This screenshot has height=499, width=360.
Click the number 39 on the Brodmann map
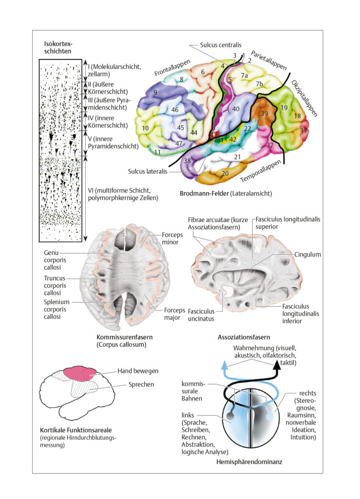click(x=265, y=114)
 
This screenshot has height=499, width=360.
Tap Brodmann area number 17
click(x=304, y=130)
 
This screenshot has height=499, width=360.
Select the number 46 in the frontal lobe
click(x=174, y=110)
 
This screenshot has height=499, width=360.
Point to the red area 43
click(x=213, y=135)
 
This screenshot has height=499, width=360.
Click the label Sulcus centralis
click(x=220, y=45)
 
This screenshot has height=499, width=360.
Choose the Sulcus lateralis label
click(x=148, y=171)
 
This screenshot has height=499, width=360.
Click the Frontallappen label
click(x=172, y=68)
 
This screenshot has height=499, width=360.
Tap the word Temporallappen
click(x=261, y=171)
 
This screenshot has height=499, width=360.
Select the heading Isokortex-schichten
click(x=58, y=47)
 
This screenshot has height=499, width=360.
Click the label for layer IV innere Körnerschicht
click(x=108, y=121)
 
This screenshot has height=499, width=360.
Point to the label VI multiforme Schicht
click(x=123, y=194)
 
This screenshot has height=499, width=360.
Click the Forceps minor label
click(x=172, y=238)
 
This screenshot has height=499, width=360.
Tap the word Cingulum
click(x=307, y=254)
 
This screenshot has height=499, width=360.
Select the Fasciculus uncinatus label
click(x=201, y=315)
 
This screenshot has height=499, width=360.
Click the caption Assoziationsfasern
click(x=244, y=337)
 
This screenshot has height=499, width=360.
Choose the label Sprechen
click(x=141, y=384)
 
